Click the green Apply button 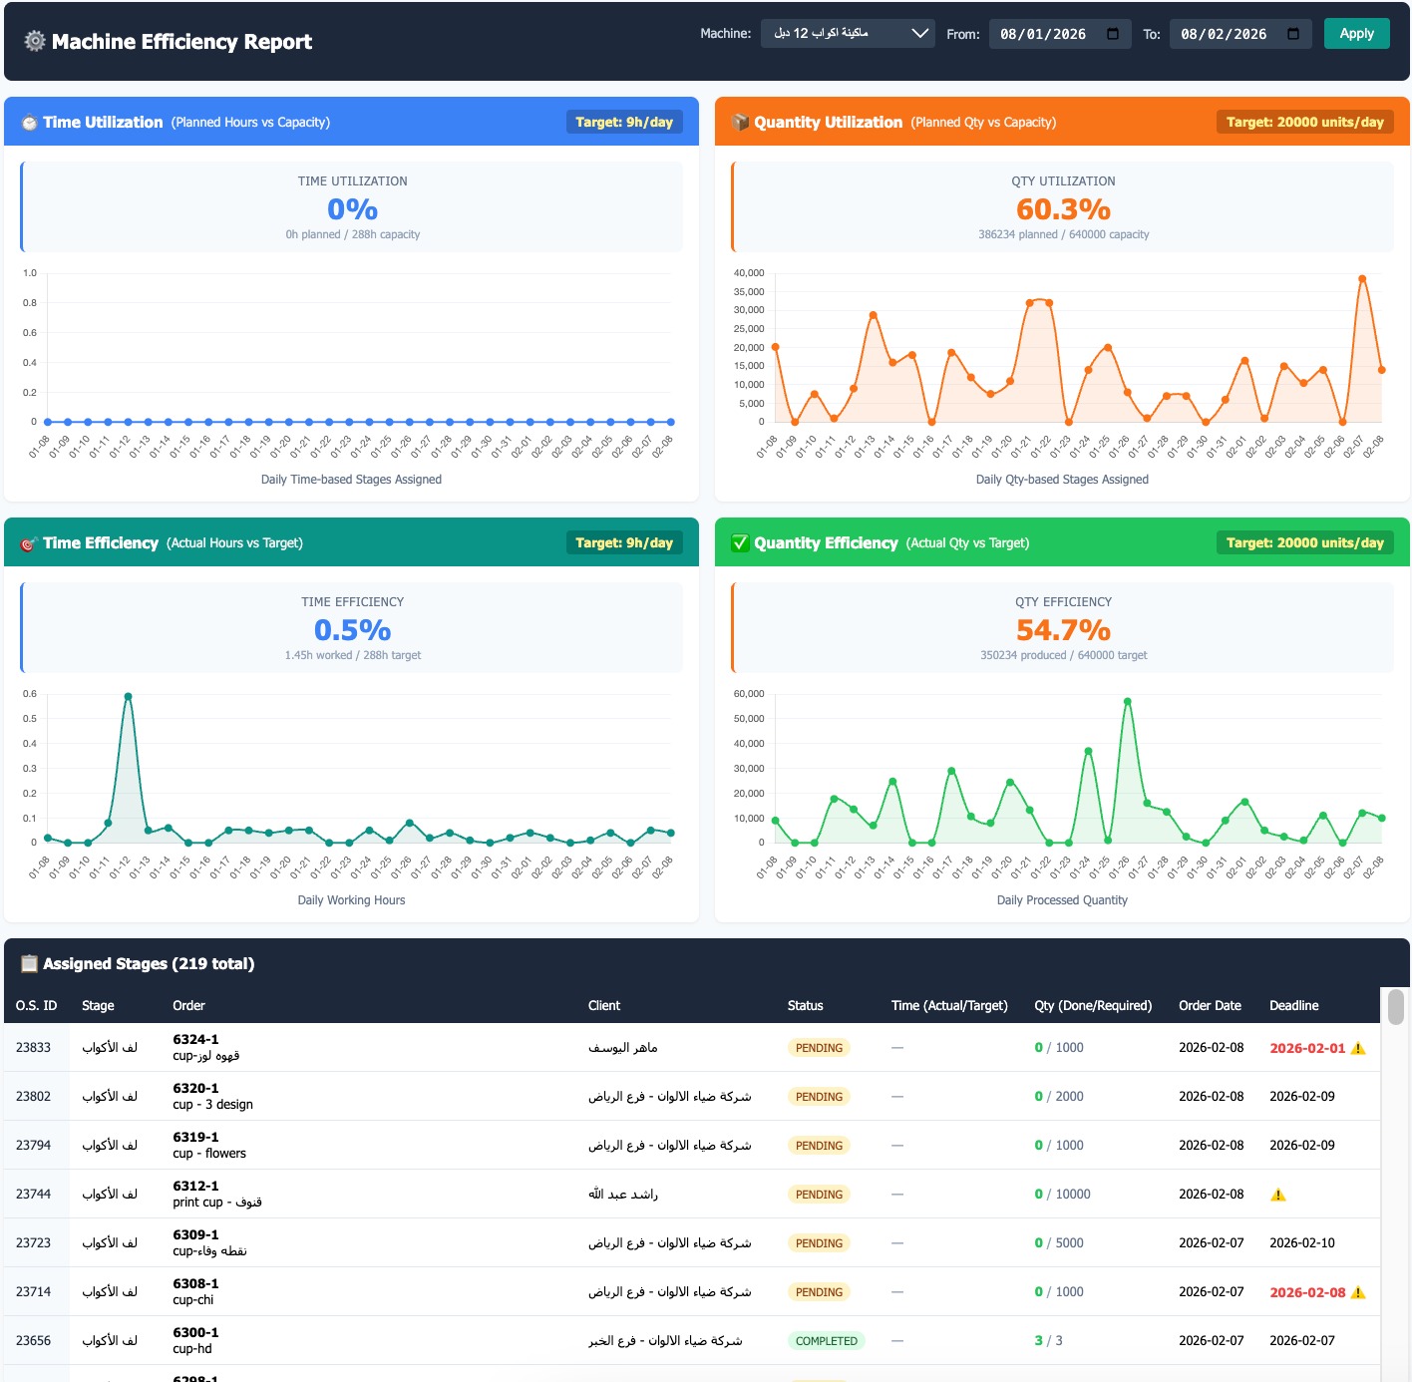coord(1356,34)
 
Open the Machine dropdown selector coord(848,34)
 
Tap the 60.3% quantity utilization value coord(1063,209)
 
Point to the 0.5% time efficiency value coord(352,630)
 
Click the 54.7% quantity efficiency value coord(1063,630)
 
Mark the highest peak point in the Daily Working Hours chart coord(128,696)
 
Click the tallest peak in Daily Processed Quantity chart coord(1128,702)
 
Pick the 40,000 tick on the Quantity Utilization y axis coord(749,273)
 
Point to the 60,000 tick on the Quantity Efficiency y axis coord(749,694)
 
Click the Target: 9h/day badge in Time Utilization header coord(624,122)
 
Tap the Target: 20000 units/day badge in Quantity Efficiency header coord(1304,542)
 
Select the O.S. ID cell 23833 coord(33,1047)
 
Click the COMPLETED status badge coord(826,1341)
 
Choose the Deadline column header coord(1293,1005)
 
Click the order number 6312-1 coord(195,1186)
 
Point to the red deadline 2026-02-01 coord(1307,1048)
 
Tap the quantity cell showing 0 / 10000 coord(1062,1194)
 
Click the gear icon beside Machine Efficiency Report coord(35,41)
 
